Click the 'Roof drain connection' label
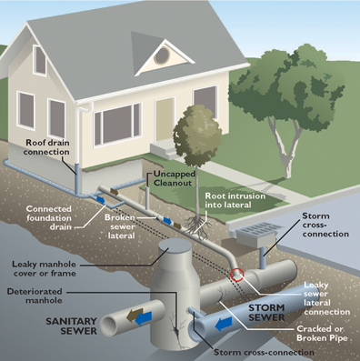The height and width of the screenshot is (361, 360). point(46,147)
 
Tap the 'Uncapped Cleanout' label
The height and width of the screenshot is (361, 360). point(174,178)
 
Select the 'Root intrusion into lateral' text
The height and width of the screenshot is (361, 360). point(235,200)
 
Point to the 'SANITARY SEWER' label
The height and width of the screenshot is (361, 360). point(71,326)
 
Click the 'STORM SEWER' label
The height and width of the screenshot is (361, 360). point(266,313)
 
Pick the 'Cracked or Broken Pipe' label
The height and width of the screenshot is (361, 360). point(322,333)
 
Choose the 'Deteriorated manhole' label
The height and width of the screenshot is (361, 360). point(35,296)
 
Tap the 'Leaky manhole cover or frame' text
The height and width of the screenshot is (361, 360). point(44,268)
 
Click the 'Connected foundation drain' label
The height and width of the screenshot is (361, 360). point(49,217)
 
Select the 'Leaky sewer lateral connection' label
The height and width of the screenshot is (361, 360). point(326,298)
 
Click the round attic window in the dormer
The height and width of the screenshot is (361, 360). point(162,55)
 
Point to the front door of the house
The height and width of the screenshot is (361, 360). point(165,120)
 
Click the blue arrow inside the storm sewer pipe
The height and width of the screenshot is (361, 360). point(224,325)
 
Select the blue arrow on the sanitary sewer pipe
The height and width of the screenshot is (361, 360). point(144,318)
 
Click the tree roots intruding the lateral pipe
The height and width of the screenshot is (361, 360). point(196,225)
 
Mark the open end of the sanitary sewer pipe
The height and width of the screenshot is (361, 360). point(109,326)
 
